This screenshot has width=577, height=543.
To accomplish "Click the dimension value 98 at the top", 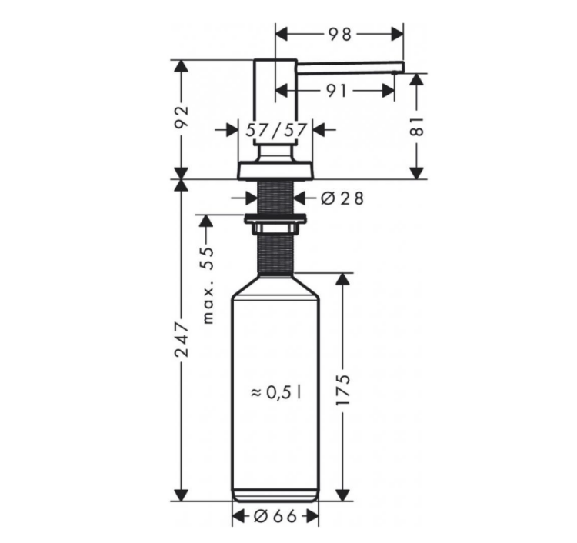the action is (340, 34).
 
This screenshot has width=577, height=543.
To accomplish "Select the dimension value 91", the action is (337, 91).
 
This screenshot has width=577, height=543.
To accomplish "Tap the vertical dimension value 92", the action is (181, 117).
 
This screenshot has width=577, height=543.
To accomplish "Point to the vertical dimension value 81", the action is (416, 127).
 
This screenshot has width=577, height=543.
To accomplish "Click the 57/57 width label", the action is (276, 130).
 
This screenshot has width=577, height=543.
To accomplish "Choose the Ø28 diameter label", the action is (342, 198).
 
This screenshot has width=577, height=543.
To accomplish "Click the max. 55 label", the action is (208, 285).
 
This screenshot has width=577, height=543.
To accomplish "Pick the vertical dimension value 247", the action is (182, 339).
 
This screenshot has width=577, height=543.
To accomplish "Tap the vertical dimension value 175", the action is (342, 390).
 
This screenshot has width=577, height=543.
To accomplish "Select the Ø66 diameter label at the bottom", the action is (275, 517).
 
